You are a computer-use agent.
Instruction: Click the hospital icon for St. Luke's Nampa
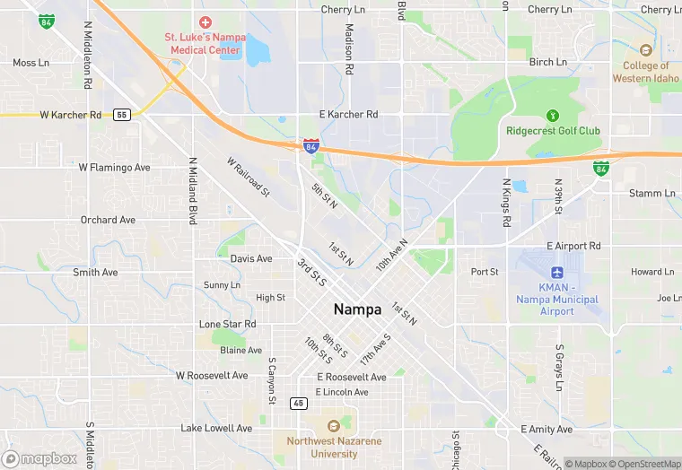(205, 21)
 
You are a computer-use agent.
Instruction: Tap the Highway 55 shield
(122, 114)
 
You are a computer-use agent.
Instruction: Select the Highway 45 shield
(298, 404)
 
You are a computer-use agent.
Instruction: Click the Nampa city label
(357, 309)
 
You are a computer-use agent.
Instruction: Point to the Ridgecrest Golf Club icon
(552, 115)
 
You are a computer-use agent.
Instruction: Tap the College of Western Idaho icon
(645, 50)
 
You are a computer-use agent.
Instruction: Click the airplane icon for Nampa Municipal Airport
(556, 272)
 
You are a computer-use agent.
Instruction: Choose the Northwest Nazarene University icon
(334, 425)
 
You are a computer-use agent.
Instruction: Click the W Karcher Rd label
(71, 115)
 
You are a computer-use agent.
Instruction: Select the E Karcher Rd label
(349, 115)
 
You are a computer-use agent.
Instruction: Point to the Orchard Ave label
(108, 220)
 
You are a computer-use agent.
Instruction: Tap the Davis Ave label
(251, 258)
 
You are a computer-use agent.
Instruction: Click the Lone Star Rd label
(227, 324)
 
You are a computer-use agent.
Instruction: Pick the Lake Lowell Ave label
(216, 429)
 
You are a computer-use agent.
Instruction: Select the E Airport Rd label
(573, 246)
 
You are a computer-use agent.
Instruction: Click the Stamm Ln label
(652, 193)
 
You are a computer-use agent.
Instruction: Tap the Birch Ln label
(548, 62)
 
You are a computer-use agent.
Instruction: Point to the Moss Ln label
(31, 63)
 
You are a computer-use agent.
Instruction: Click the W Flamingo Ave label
(114, 167)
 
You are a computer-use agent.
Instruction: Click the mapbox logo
(41, 458)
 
